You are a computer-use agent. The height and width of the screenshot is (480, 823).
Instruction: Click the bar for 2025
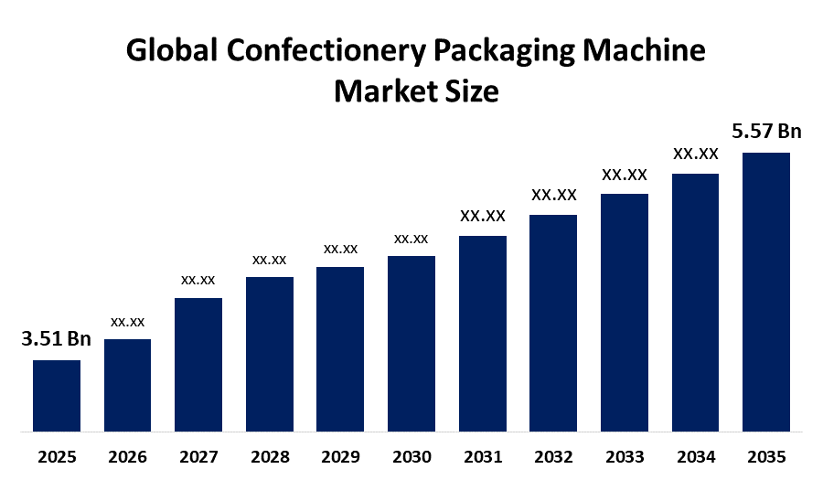57,395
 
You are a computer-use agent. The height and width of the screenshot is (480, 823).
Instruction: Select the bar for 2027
198,364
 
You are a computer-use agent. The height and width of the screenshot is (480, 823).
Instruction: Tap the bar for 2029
340,348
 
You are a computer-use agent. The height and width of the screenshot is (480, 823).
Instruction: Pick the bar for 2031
482,333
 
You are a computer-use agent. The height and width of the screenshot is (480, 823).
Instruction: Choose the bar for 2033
624,312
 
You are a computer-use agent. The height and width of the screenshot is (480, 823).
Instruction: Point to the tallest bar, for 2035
765,291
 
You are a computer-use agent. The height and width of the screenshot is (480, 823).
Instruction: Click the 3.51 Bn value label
57,339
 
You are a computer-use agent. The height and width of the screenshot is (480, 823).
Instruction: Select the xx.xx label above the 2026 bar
127,322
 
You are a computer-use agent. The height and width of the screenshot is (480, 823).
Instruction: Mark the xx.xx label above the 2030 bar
411,239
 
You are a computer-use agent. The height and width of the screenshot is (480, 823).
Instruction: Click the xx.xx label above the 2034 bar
695,154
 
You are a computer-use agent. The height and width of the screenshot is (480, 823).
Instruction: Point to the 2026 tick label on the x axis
127,456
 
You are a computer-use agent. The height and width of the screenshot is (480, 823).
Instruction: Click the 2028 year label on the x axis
269,456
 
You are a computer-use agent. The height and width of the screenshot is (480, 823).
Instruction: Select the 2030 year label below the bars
411,456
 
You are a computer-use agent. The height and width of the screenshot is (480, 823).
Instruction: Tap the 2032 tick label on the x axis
553,456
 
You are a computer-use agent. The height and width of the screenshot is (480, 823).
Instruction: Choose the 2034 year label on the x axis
695,456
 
